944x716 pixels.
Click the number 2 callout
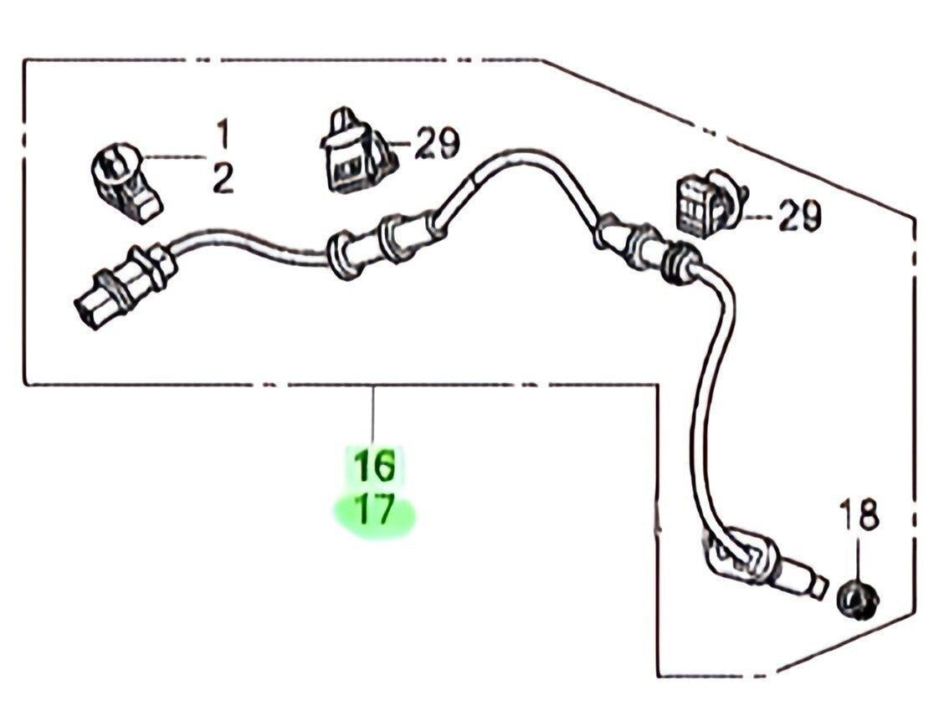pos(223,178)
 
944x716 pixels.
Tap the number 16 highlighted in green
pos(374,465)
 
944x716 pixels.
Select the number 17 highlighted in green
pos(374,510)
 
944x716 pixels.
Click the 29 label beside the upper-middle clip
pos(438,145)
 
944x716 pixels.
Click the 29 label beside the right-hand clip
pos(799,217)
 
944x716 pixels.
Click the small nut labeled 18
pos(857,597)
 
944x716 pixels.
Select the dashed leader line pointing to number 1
pos(176,156)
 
